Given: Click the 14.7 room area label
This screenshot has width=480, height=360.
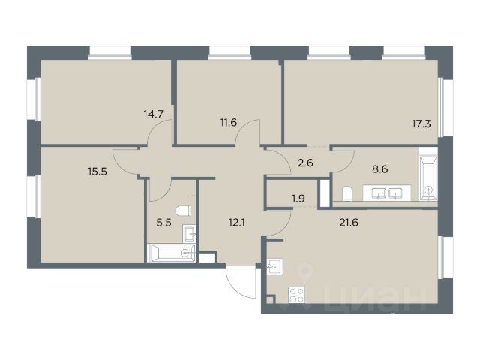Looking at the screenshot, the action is [x=153, y=115].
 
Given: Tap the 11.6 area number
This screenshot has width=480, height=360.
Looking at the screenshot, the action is [x=229, y=123].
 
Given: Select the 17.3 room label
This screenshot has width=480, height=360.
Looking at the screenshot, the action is [x=421, y=124].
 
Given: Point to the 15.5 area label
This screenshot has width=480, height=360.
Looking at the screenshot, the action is [x=97, y=172].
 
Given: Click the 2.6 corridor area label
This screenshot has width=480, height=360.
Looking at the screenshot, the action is [x=305, y=163].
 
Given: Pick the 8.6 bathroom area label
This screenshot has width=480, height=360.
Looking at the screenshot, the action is [x=380, y=169].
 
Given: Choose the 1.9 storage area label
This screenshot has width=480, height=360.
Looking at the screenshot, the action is [x=298, y=199].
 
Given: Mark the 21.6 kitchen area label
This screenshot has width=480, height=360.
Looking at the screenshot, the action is [x=349, y=223].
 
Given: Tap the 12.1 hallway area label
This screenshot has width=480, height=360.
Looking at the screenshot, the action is [x=237, y=223].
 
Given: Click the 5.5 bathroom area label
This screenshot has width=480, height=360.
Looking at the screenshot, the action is [x=163, y=223].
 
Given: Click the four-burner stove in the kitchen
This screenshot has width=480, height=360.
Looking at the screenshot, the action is [x=297, y=295].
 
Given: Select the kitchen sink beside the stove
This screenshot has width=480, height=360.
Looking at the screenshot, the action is [x=274, y=266].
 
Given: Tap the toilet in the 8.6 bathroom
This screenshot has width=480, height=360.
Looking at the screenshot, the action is [x=346, y=193].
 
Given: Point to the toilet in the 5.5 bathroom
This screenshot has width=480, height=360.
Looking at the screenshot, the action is [x=183, y=211].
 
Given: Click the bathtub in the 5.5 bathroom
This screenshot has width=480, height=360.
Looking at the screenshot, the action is [x=171, y=253].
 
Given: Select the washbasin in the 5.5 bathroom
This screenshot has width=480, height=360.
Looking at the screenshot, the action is [x=189, y=233].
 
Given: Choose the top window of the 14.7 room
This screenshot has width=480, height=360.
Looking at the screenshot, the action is [x=110, y=53].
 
